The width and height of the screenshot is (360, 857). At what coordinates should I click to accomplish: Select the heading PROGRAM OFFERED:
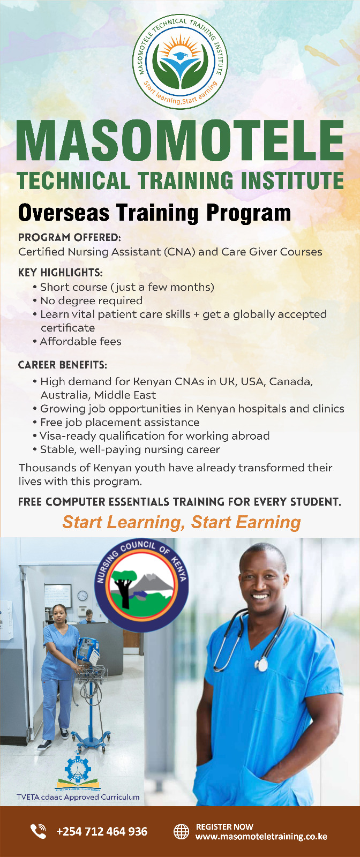70,237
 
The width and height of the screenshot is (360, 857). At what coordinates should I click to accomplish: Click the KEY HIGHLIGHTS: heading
61,273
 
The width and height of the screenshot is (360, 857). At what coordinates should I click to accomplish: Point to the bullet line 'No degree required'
91,300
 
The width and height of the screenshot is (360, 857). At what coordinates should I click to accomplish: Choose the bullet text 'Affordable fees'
80,341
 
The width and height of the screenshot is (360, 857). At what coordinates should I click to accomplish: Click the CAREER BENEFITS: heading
63,365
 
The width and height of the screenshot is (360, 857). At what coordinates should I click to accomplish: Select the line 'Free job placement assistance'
119,422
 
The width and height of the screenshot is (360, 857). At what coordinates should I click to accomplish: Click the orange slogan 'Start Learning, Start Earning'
182,522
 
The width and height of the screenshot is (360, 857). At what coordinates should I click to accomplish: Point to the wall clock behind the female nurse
82,595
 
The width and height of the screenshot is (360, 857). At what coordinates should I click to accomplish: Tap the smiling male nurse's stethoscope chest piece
261,664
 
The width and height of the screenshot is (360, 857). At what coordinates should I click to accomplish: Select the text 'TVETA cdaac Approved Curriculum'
78,797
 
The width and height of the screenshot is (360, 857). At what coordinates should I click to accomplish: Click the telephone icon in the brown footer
38,831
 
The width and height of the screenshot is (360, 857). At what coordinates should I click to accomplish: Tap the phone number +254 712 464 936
102,831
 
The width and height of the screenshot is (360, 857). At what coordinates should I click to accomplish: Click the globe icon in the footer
182,831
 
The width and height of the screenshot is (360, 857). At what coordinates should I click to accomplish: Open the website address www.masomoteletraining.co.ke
261,837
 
